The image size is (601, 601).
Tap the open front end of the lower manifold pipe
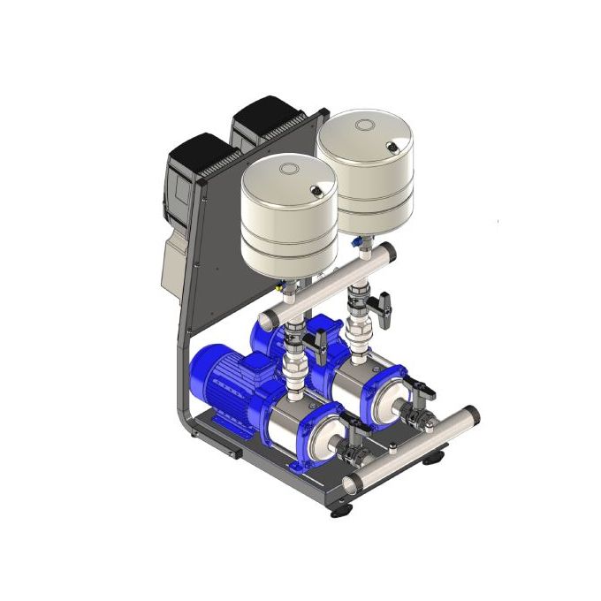[x=350, y=483]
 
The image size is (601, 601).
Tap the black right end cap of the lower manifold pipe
[x=473, y=414]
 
